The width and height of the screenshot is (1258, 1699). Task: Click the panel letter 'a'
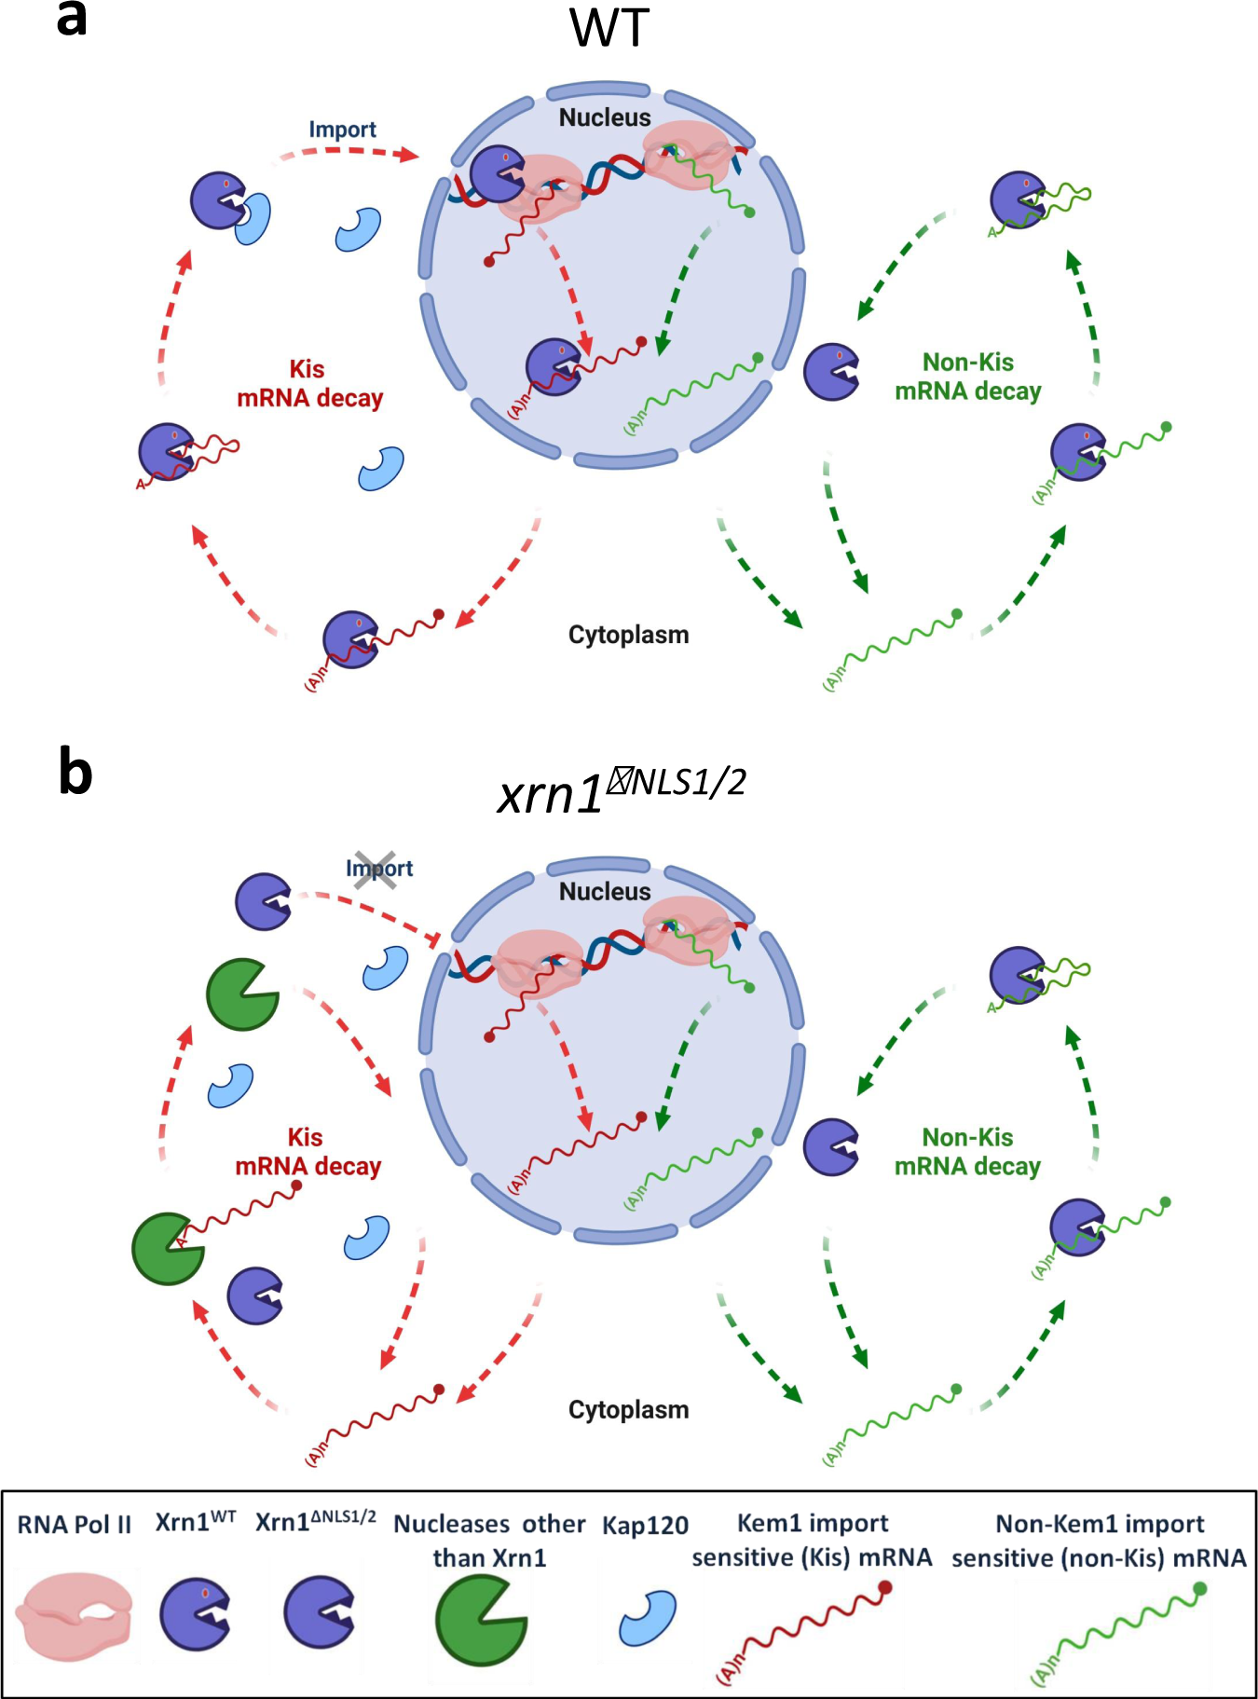(x=72, y=19)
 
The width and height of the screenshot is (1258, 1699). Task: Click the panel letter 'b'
(x=75, y=774)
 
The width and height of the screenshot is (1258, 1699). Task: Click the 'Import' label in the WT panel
(x=342, y=130)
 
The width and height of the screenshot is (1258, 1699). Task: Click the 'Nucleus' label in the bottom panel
(x=605, y=892)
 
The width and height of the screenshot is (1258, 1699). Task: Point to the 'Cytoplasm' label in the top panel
(x=628, y=635)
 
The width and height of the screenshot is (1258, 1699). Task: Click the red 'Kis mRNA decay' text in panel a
(x=309, y=384)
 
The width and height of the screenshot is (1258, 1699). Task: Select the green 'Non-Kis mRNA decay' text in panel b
(x=967, y=1152)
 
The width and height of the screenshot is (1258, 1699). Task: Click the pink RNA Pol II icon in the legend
(x=75, y=1616)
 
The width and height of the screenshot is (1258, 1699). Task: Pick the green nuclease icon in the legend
(x=481, y=1620)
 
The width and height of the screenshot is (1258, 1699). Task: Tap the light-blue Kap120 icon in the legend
(x=648, y=1618)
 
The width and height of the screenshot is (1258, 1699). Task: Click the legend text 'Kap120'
(x=645, y=1526)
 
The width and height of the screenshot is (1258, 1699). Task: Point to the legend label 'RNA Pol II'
(x=75, y=1525)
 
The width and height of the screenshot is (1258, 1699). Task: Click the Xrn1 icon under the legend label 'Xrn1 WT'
(x=194, y=1614)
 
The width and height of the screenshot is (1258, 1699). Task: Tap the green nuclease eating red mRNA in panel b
(x=168, y=1249)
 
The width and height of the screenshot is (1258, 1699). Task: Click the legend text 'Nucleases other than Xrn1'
(x=489, y=1541)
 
